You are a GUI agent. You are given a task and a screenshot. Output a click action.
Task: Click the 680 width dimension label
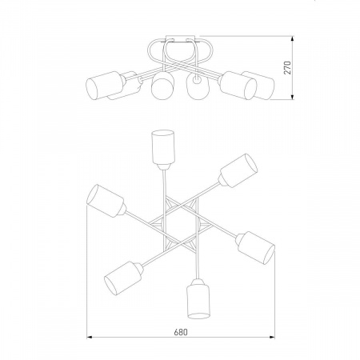click(181, 332)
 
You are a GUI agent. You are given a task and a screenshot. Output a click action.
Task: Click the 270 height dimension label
click(287, 68)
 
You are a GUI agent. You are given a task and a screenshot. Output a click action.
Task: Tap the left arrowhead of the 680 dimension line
click(90, 338)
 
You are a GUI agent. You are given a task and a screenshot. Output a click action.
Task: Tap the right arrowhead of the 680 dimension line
click(272, 338)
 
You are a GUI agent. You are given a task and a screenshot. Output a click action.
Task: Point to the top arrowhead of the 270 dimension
click(293, 38)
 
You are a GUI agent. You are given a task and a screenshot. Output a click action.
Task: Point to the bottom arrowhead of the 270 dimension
click(293, 97)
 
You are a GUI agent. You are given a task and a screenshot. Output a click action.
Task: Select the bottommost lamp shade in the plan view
click(198, 302)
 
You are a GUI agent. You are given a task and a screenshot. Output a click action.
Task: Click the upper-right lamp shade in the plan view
click(238, 170)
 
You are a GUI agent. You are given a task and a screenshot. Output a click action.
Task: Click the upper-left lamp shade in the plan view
click(106, 201)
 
